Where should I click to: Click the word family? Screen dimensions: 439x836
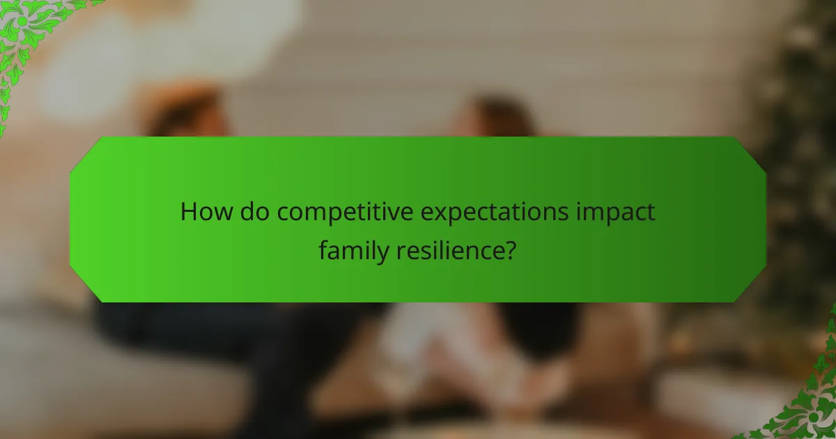click(355, 250)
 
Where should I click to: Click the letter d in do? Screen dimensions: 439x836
click(248, 212)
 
